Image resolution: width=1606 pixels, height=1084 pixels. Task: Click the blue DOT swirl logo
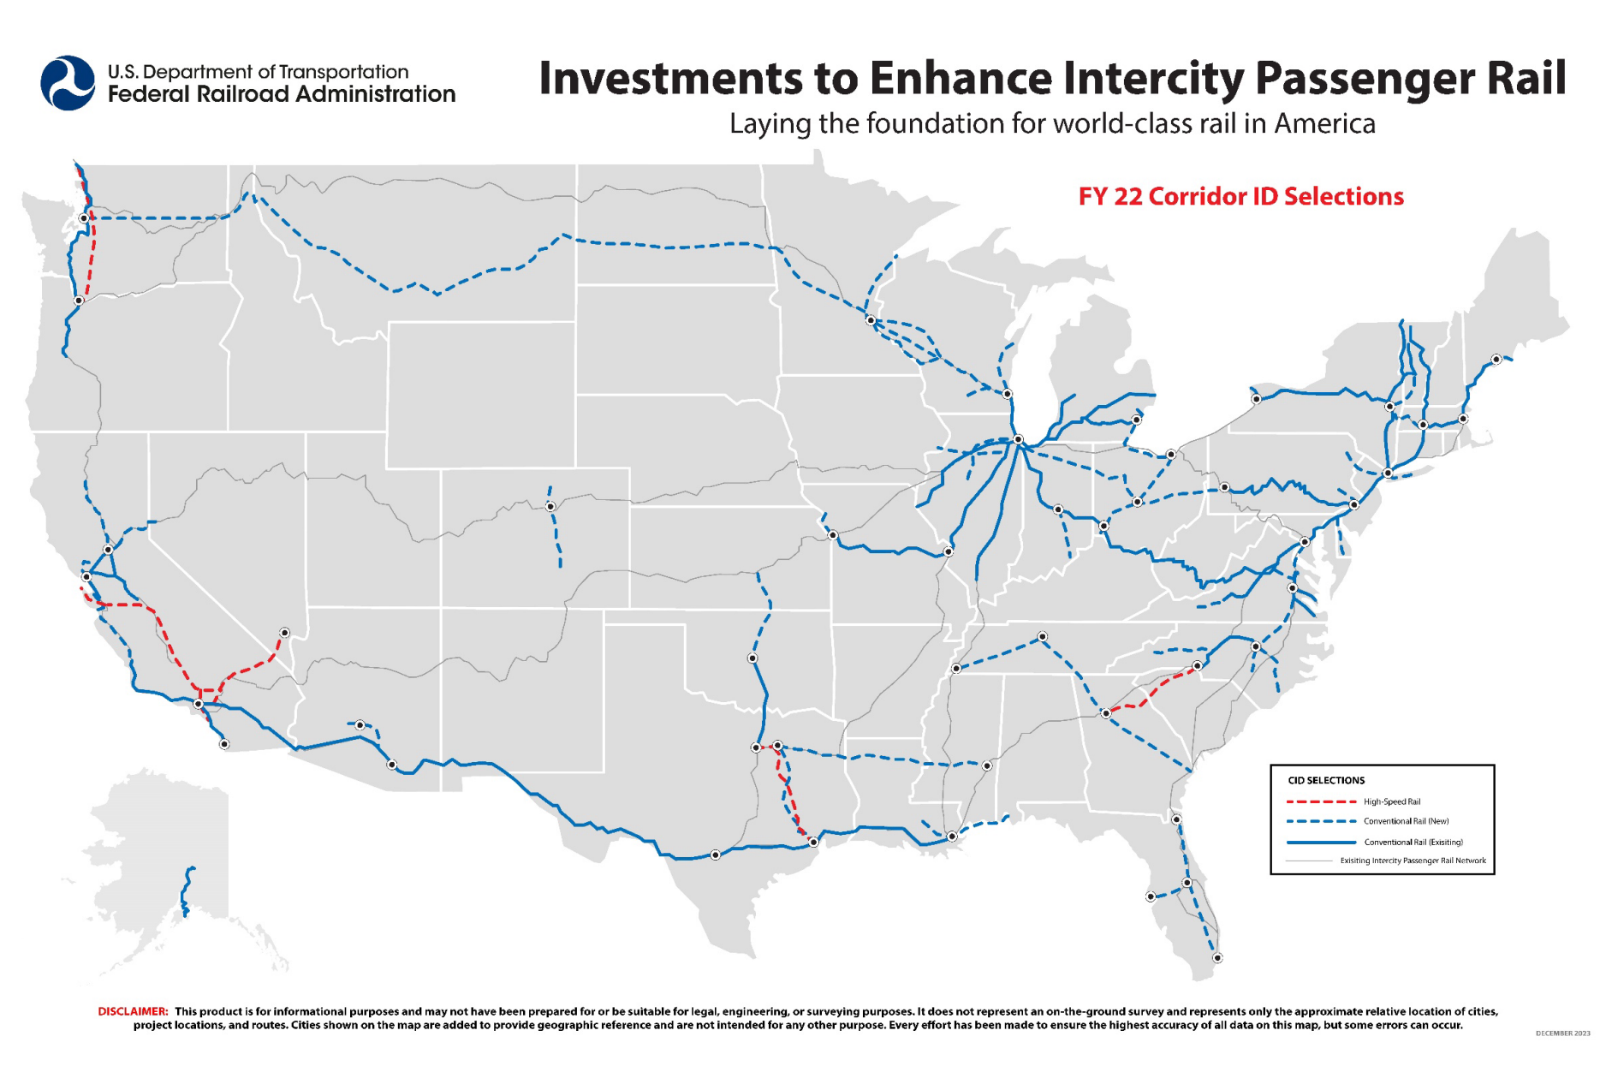coord(68,83)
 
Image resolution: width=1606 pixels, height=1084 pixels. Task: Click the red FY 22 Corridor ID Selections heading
coord(1240,197)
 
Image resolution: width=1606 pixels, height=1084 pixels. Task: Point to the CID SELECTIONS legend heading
coord(1326,780)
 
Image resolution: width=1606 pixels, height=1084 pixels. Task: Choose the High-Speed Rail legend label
coord(1392,802)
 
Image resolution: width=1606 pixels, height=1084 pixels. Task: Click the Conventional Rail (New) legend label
coord(1406,821)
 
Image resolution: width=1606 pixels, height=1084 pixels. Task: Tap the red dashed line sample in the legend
coord(1321,802)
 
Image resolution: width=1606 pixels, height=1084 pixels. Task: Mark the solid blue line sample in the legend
coord(1321,843)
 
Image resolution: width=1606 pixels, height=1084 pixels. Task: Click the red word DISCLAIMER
coord(133,1011)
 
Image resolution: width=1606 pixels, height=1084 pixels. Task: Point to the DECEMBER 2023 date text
coord(1562,1033)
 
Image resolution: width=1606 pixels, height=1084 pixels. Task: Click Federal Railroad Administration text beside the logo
coord(282,94)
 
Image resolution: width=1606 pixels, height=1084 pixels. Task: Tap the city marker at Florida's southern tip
coord(1217,958)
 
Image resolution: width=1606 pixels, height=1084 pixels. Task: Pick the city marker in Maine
coord(1496,360)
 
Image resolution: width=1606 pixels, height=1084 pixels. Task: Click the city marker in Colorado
coord(550,507)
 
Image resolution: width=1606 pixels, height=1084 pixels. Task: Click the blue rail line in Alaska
coord(187,890)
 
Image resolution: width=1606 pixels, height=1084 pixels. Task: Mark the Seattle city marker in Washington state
coord(84,218)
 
